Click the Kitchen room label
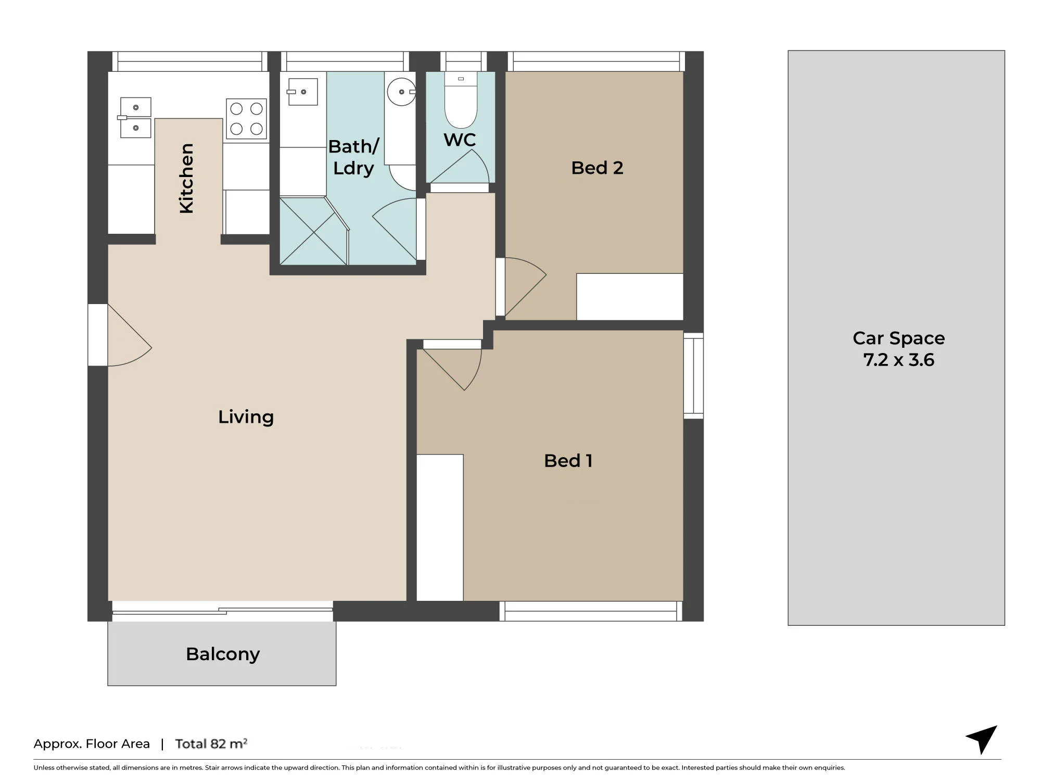(x=186, y=178)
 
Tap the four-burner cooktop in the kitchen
(x=247, y=119)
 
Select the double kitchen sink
(x=135, y=118)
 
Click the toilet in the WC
(x=461, y=100)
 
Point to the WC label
(x=460, y=140)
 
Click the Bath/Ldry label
(x=353, y=157)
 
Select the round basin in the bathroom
(x=401, y=92)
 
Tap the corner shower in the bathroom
(x=313, y=230)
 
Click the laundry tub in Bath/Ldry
(x=302, y=92)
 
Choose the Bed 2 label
(x=597, y=168)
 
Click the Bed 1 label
(x=568, y=461)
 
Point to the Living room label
(x=246, y=417)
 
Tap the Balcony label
(x=223, y=654)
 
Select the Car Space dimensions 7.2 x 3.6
(x=899, y=360)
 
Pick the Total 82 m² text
(x=211, y=744)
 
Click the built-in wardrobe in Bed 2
(x=630, y=297)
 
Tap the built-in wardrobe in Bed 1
(x=440, y=527)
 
